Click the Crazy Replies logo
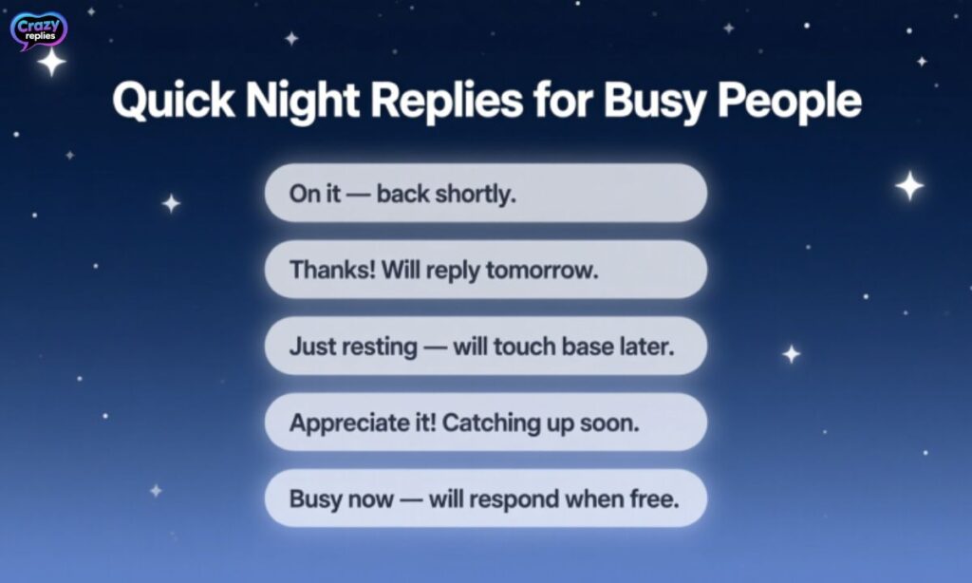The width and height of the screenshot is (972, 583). pos(38,29)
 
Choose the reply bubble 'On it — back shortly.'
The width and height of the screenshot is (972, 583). pos(485,193)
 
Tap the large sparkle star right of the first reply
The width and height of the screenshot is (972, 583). pos(909,185)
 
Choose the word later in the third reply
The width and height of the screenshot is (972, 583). pos(647,347)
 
